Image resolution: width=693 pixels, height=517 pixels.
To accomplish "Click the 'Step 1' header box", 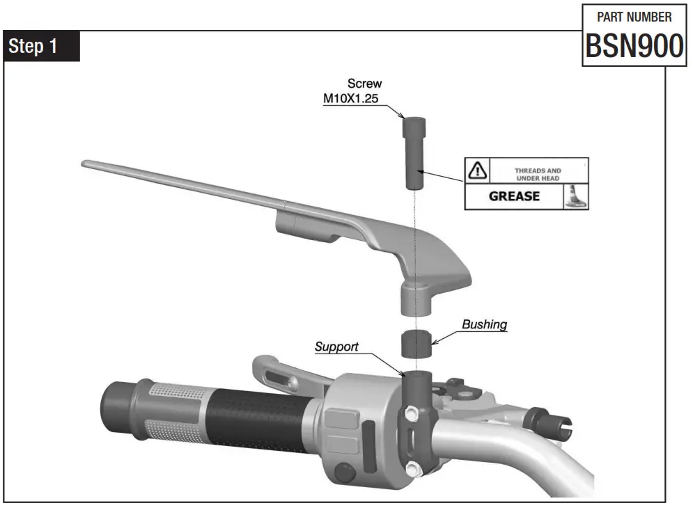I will point(42,47).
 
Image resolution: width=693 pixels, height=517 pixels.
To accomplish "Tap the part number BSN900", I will point(633,46).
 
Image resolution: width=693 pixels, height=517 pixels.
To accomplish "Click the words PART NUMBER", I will point(634,17).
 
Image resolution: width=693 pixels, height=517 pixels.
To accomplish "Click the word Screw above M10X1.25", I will point(364,83).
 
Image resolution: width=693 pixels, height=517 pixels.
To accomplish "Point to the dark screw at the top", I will point(412,152).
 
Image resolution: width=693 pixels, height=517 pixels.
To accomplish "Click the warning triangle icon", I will point(477,169).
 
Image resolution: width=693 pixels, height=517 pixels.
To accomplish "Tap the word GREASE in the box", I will point(514,196).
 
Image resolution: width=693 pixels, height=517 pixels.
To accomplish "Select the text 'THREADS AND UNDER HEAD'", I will point(538,174).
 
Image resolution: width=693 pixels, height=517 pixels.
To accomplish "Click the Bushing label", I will point(484,324).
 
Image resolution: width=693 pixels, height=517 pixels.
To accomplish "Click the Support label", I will point(336,347).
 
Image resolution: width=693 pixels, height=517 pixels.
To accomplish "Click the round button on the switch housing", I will point(343,472).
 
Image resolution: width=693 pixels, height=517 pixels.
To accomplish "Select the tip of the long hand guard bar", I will point(86,164).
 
